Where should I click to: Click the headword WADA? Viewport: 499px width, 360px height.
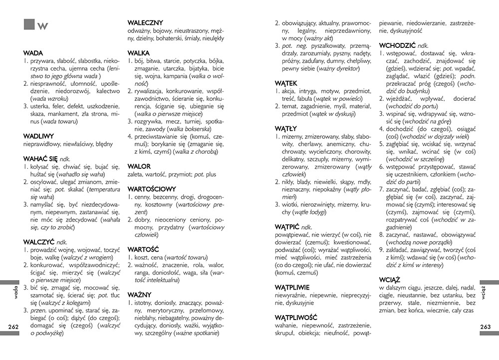[x=33, y=53]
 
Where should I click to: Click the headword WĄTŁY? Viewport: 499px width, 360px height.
[x=286, y=128]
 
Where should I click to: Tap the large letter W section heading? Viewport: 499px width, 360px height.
[x=42, y=26]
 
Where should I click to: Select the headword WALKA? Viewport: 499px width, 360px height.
[x=139, y=53]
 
